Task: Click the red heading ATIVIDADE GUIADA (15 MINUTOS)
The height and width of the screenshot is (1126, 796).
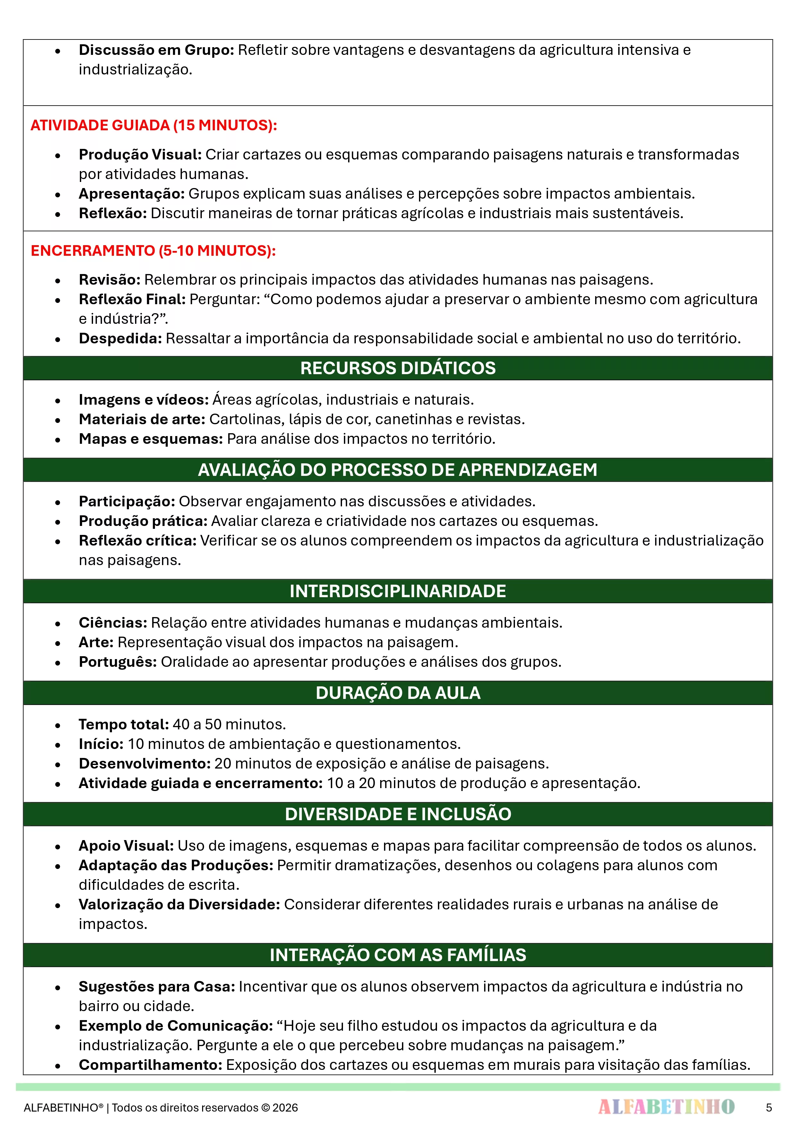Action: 153,125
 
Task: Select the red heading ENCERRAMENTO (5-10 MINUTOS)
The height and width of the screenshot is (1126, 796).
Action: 153,251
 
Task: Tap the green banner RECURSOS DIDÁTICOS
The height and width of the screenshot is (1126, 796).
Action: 398,368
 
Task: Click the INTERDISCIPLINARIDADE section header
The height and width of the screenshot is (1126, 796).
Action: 398,591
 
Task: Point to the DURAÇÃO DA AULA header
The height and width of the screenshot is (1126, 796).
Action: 398,692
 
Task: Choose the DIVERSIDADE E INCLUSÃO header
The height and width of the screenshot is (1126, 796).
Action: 398,814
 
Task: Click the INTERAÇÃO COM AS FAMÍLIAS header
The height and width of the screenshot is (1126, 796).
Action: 398,955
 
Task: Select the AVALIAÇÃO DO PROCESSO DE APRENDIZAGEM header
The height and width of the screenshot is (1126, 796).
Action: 398,470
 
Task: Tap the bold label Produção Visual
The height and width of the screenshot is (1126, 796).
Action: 140,154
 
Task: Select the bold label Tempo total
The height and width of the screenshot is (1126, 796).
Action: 124,724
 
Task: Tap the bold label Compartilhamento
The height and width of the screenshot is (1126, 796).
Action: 150,1065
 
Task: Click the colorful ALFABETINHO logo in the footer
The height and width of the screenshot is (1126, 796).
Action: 666,1106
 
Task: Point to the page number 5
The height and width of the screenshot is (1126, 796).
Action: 768,1107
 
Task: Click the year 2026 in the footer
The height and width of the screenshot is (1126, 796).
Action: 286,1108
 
